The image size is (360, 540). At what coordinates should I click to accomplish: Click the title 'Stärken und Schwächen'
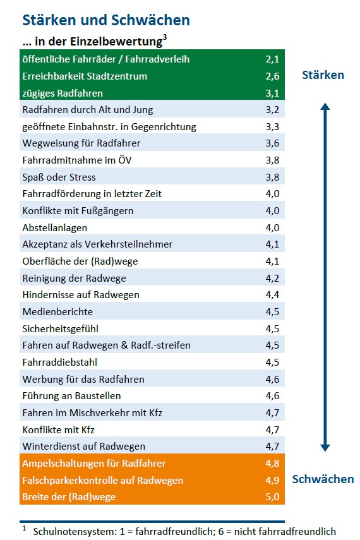tap(105, 20)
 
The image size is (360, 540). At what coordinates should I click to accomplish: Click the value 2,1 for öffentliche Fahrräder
tap(272, 59)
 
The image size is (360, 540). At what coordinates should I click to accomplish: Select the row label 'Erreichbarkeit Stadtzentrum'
tap(85, 76)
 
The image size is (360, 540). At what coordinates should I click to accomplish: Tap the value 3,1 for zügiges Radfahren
tap(272, 93)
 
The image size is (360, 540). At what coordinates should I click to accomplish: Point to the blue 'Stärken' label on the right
tap(323, 75)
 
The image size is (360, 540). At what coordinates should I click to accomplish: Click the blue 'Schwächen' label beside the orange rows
tap(323, 479)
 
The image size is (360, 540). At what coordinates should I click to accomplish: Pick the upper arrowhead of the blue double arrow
tap(325, 107)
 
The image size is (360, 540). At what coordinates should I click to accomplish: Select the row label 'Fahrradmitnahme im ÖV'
tap(77, 160)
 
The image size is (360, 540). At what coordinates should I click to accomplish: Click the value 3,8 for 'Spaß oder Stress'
tap(272, 177)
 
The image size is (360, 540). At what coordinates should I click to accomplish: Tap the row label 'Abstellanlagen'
tap(55, 227)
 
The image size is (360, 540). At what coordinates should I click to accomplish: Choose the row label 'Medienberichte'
tap(57, 311)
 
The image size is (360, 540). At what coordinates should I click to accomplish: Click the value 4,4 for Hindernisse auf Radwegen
tap(272, 295)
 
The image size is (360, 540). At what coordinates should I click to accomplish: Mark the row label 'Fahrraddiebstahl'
tap(60, 362)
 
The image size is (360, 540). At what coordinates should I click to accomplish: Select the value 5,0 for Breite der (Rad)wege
tap(272, 496)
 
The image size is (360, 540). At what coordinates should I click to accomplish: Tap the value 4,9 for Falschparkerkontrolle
tap(272, 480)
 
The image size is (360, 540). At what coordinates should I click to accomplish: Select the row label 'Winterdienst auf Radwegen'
tap(83, 447)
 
